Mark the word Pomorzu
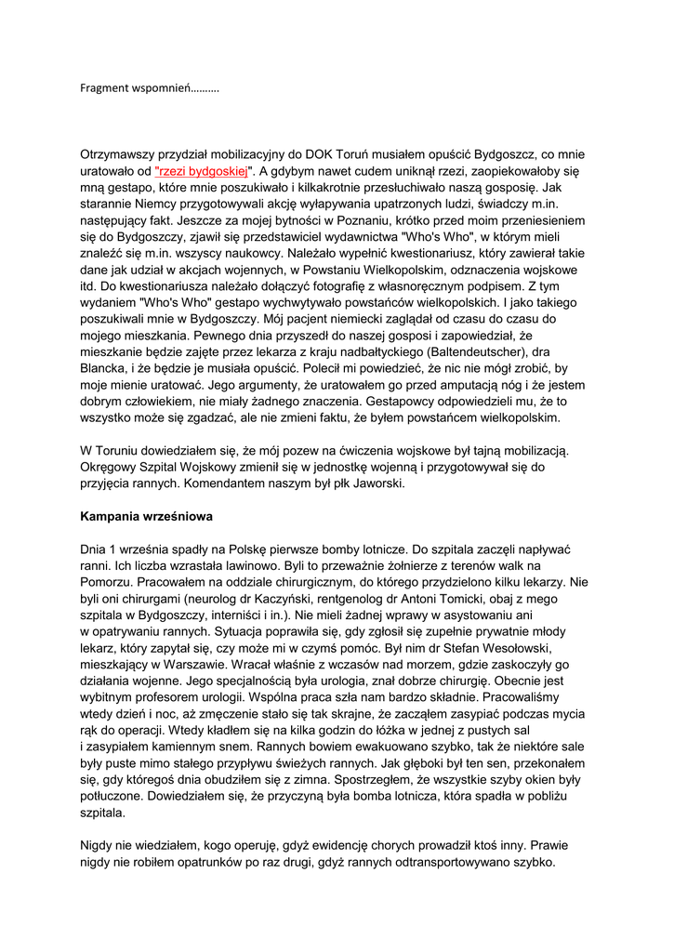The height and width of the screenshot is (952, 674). (108, 583)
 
